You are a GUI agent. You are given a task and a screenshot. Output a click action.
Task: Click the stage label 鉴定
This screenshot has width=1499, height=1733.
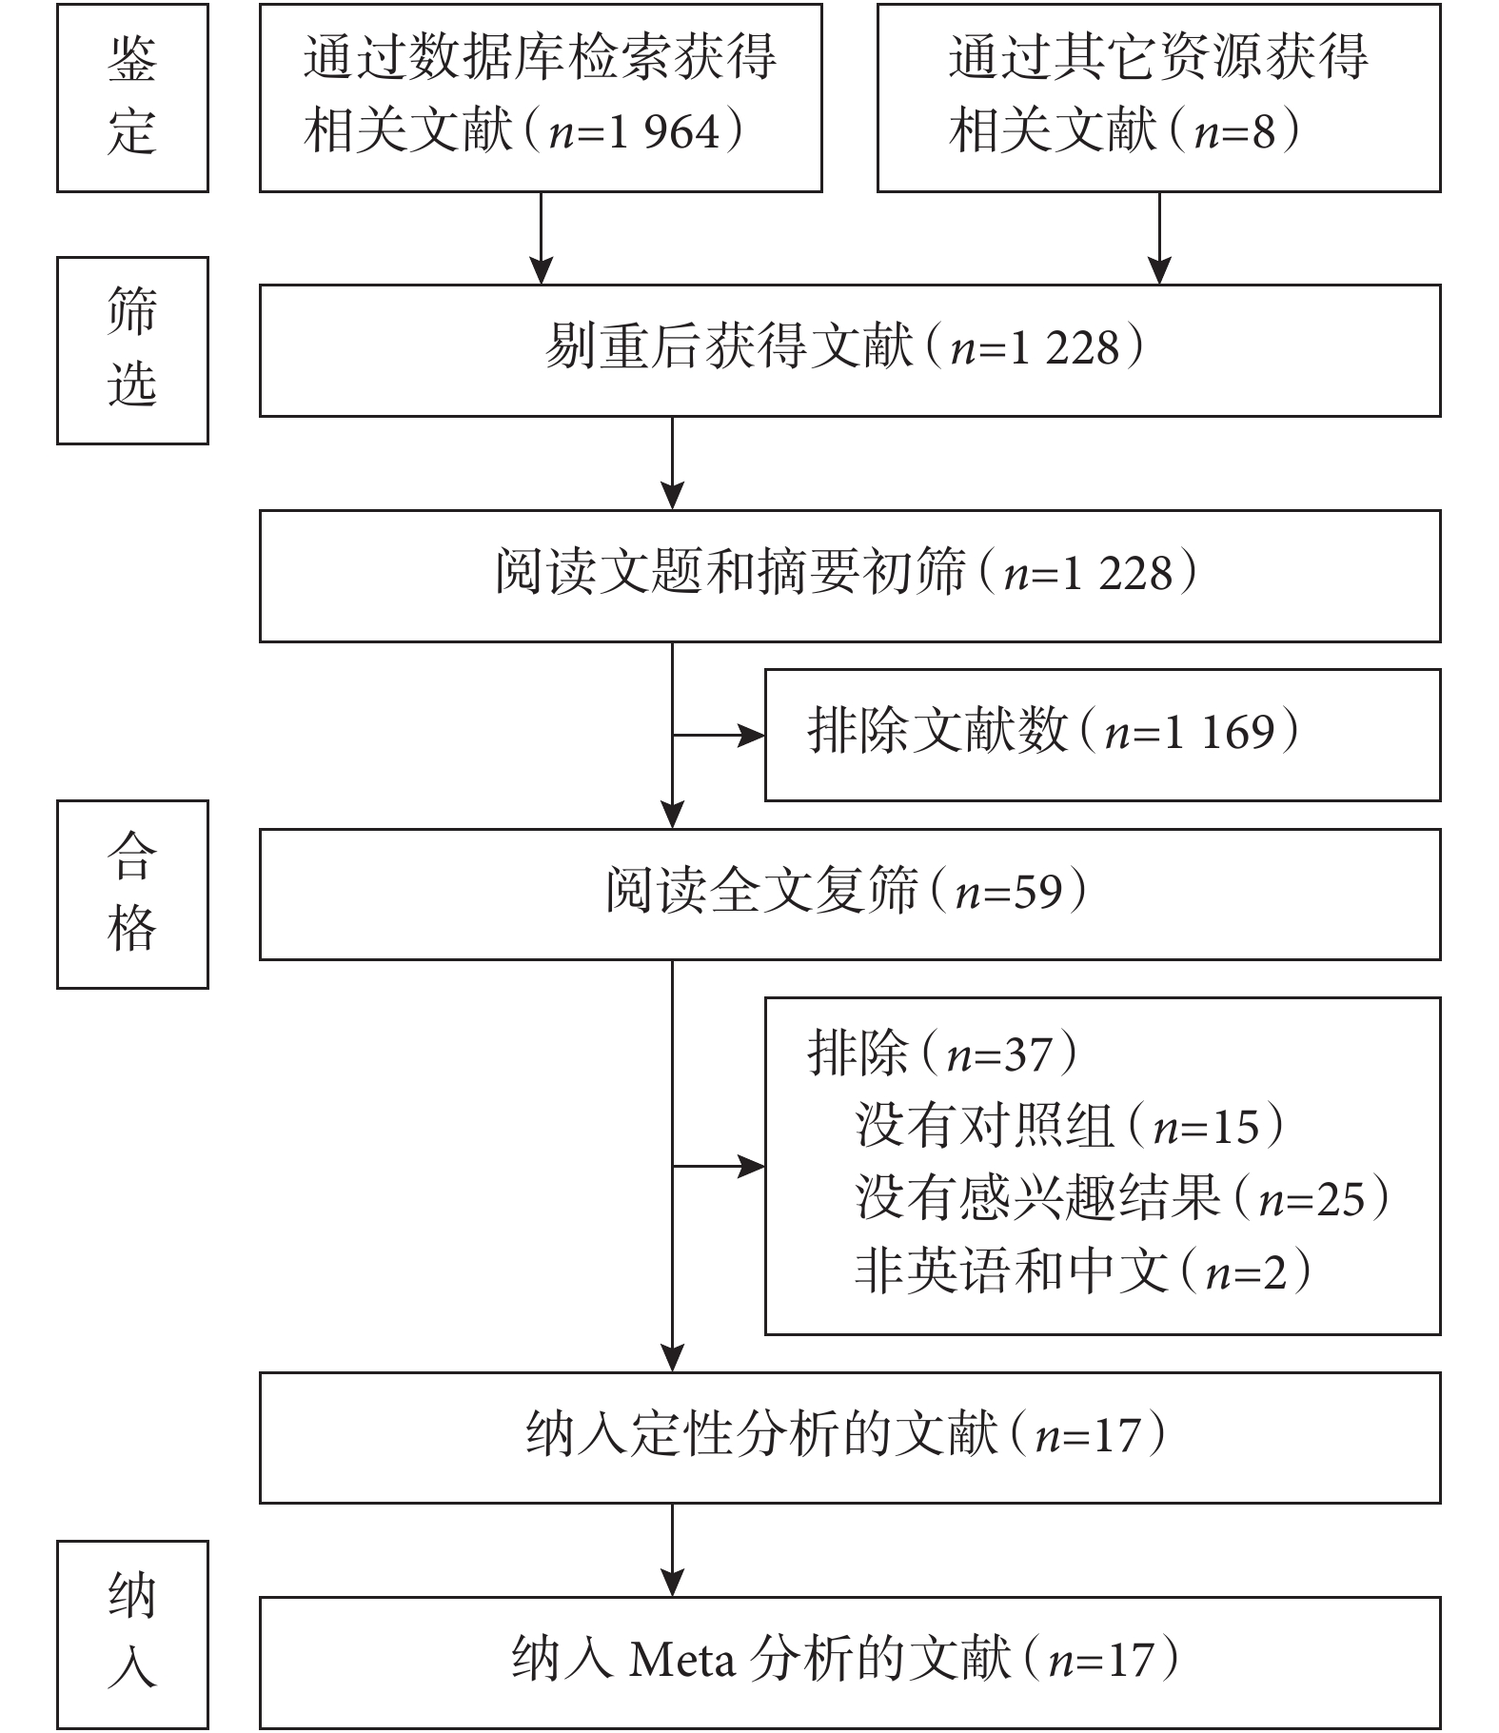coord(132,98)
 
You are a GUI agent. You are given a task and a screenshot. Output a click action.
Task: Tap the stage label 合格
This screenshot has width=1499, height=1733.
coord(132,894)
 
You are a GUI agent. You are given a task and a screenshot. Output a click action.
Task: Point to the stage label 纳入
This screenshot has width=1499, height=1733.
coord(132,1633)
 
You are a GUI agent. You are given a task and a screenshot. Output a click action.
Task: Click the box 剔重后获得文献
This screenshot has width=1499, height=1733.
coord(850,350)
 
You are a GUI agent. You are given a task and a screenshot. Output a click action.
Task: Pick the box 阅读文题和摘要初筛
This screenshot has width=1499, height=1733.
coord(850,576)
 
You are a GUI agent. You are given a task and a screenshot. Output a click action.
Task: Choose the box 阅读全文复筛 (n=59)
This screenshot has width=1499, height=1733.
coord(850,894)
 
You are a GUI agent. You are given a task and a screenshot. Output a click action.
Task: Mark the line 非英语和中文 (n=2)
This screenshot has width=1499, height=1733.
coord(1083,1271)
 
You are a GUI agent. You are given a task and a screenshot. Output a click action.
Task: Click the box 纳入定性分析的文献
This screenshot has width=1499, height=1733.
coord(850,1437)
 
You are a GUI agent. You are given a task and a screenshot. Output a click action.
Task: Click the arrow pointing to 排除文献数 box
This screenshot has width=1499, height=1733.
coord(719,735)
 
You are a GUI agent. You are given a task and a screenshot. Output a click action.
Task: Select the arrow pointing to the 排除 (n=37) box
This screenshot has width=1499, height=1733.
coord(719,1166)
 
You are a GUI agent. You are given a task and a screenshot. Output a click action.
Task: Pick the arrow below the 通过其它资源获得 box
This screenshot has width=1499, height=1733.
coord(1159,238)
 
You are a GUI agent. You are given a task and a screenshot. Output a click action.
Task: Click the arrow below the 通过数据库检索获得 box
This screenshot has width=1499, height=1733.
coord(541,238)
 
